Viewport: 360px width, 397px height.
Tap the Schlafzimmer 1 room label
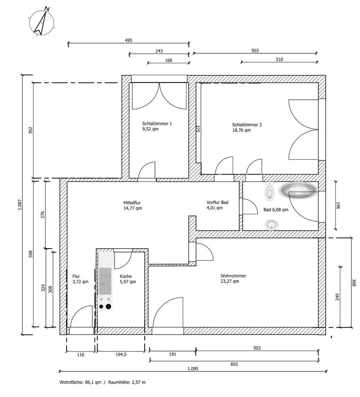157,124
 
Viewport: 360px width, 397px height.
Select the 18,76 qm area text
241,130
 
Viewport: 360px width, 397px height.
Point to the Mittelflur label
132,203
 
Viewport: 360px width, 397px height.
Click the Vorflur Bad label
217,203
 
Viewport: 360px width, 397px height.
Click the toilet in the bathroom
269,191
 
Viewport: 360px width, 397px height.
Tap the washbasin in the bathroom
272,225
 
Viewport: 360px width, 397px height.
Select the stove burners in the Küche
105,303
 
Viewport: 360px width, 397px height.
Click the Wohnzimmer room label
233,276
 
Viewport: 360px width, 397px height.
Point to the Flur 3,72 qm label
80,279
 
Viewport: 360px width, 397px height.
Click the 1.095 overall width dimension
193,368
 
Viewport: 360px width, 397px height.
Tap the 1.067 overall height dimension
20,205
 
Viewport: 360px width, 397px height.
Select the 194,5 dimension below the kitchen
121,355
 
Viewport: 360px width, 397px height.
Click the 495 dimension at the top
129,41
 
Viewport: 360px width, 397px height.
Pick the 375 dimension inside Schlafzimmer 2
198,129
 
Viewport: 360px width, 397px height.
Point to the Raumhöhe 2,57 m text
127,382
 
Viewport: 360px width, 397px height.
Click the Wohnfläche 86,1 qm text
80,382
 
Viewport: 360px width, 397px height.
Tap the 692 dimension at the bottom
234,364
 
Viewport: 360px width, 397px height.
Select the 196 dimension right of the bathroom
339,206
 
